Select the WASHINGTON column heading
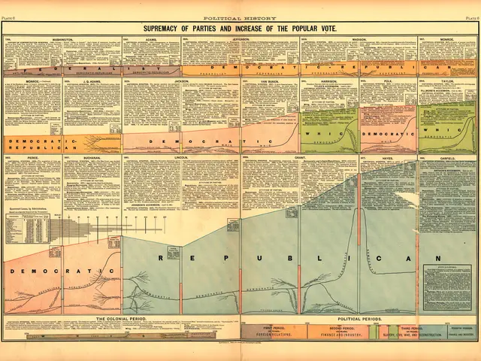(x=62, y=35)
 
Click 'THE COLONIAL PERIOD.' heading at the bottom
(x=122, y=320)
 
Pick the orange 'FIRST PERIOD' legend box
(x=273, y=330)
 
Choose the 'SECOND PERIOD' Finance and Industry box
(x=342, y=330)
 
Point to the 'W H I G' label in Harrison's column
(x=328, y=133)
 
